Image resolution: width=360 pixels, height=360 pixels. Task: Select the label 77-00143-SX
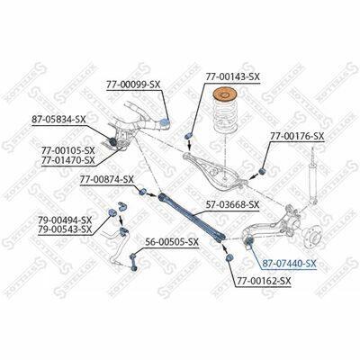click(232, 76)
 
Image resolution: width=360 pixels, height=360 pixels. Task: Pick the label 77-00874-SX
click(106, 180)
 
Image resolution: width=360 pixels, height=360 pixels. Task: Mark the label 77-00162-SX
click(265, 281)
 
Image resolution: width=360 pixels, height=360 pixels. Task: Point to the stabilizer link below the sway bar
click(134, 262)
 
